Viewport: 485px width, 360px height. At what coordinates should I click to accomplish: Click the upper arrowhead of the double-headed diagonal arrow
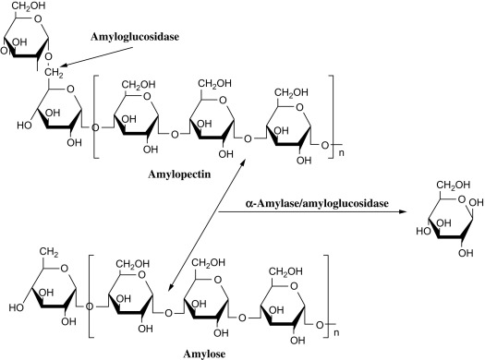pos(241,160)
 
